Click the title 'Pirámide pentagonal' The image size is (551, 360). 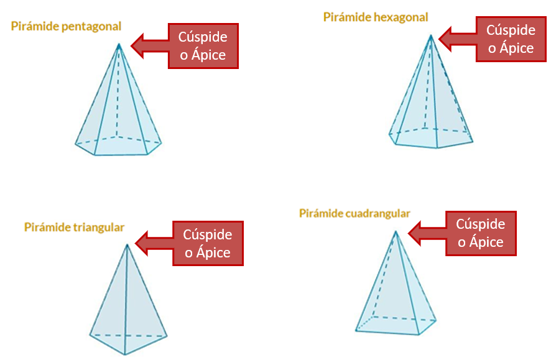[x=66, y=26]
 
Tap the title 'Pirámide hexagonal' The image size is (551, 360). [x=376, y=17]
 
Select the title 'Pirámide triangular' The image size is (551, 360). [x=74, y=227]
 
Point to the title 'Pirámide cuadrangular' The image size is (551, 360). [x=354, y=213]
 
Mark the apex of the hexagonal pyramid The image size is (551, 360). [x=430, y=35]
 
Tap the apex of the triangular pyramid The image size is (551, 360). [x=127, y=244]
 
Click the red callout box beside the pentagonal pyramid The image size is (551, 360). [x=203, y=46]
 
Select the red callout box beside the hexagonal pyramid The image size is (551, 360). [x=511, y=39]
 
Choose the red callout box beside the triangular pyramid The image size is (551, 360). [x=207, y=244]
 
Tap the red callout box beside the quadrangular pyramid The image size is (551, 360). [x=481, y=233]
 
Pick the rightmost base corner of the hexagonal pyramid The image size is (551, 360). [x=473, y=141]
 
